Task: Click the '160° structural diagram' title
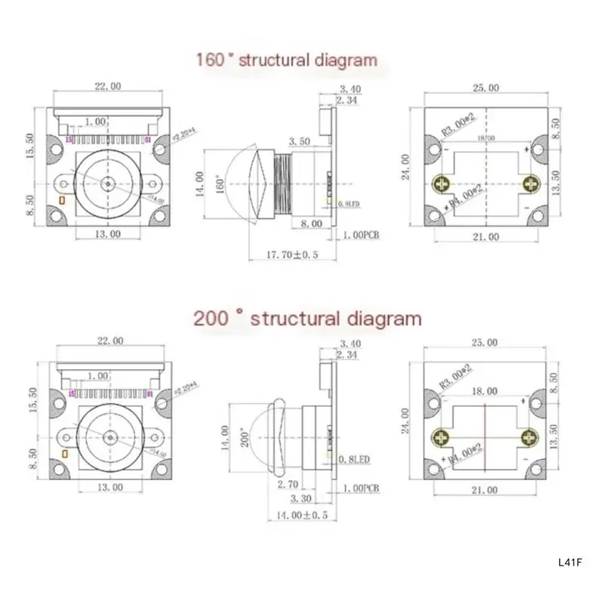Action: [286, 60]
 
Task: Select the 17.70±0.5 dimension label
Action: [293, 254]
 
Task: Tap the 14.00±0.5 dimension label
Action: [292, 515]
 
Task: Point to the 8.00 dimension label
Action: [312, 224]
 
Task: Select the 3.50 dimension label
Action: [300, 141]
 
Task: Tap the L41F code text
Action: [570, 562]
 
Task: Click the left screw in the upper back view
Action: [441, 183]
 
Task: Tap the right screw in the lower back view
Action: [532, 438]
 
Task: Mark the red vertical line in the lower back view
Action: [484, 438]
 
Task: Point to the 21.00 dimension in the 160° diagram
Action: [484, 236]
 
